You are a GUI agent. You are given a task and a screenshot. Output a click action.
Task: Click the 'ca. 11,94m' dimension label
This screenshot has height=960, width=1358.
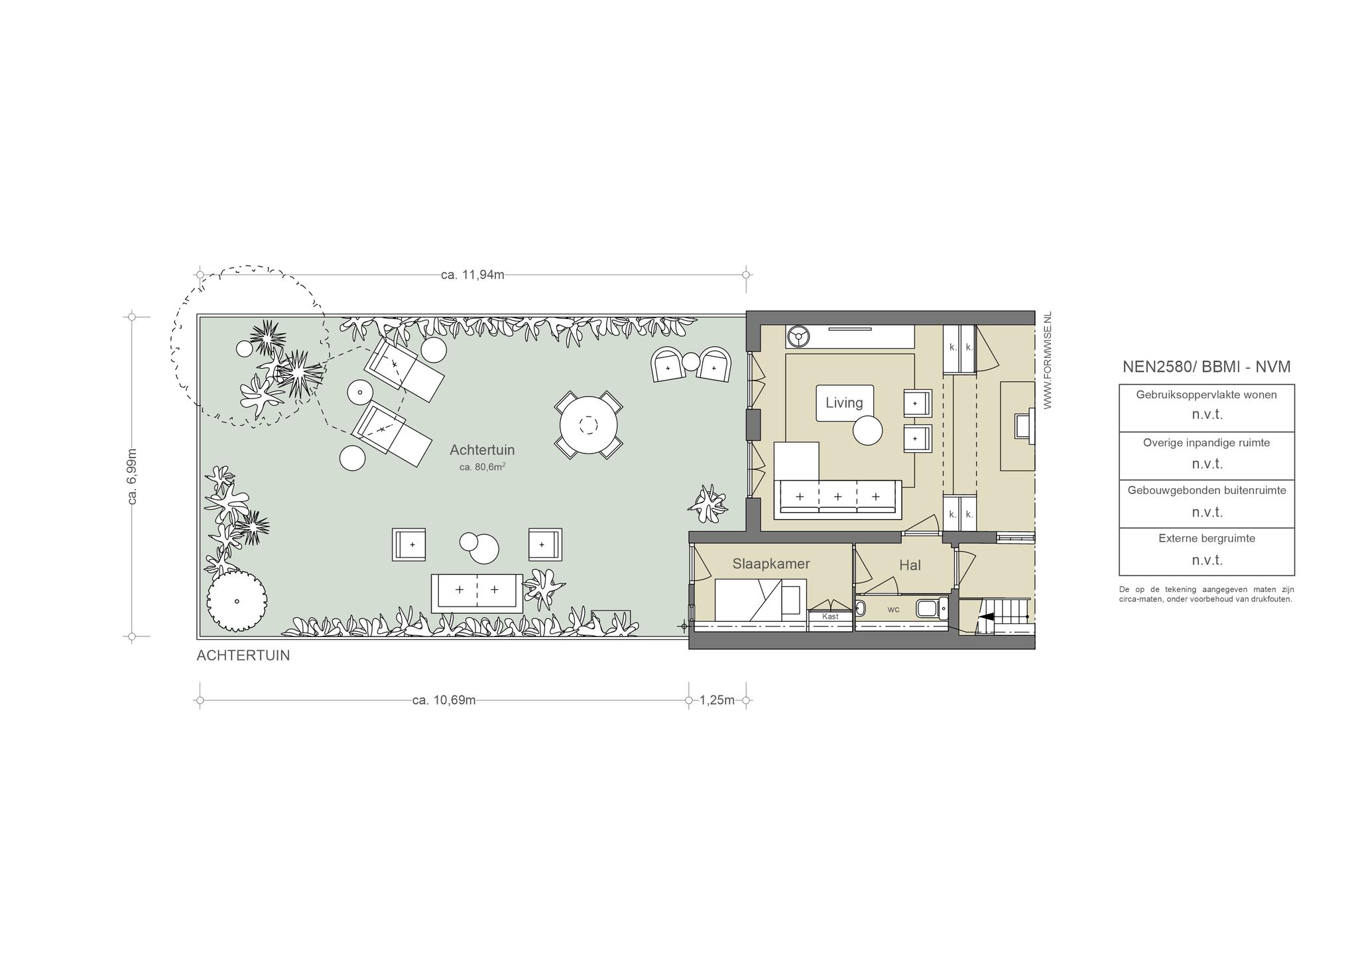(x=472, y=274)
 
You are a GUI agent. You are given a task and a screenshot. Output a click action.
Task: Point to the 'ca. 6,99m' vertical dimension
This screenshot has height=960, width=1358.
(x=132, y=476)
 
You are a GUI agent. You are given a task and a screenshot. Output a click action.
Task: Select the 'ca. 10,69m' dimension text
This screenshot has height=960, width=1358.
(x=444, y=700)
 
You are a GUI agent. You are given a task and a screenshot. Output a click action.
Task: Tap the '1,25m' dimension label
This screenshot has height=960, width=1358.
(x=717, y=700)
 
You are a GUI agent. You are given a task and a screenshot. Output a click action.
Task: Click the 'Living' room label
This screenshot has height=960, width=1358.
(x=844, y=402)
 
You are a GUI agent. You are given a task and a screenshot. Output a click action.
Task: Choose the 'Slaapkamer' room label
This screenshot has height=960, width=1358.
(x=771, y=564)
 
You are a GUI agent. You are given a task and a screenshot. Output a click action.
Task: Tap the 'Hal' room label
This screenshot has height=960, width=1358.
(x=910, y=565)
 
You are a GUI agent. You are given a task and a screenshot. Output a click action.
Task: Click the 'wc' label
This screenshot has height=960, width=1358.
(x=893, y=609)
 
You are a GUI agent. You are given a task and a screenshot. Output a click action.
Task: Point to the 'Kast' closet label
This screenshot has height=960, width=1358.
(x=830, y=617)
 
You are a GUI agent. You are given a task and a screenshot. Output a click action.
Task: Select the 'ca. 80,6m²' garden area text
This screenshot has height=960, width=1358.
(x=482, y=467)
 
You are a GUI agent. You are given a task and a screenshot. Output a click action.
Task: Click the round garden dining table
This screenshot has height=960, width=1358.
(x=588, y=425)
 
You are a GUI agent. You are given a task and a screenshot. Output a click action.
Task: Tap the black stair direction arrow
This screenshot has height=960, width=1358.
(x=986, y=617)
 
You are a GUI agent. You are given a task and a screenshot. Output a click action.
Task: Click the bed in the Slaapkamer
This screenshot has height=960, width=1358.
(x=761, y=600)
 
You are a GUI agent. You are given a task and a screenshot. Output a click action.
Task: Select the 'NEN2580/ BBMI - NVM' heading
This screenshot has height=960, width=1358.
(x=1206, y=367)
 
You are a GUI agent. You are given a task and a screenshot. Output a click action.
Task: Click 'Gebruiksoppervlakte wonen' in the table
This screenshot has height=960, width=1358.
(x=1206, y=394)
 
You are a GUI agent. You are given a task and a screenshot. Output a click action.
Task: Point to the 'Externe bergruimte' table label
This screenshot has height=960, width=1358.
(x=1207, y=538)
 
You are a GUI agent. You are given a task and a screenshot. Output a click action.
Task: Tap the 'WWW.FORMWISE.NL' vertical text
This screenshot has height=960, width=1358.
(x=1048, y=362)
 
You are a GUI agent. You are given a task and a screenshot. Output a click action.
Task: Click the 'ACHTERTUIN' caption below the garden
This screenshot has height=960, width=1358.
(x=243, y=656)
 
